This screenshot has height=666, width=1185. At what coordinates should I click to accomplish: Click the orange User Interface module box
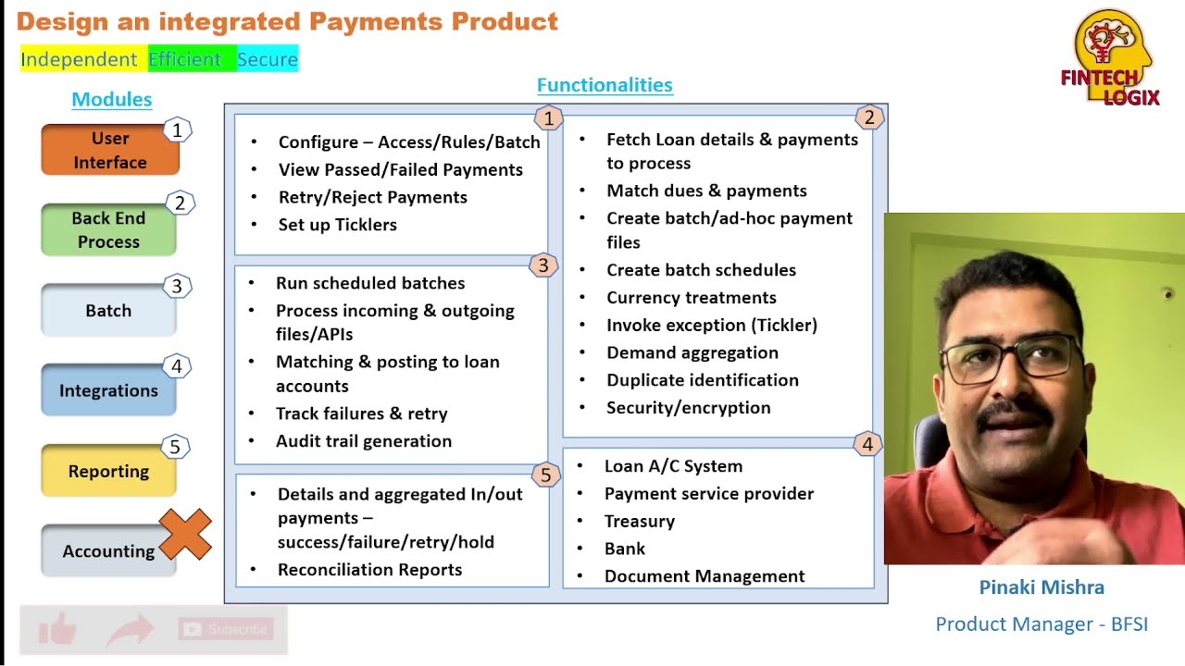(x=109, y=150)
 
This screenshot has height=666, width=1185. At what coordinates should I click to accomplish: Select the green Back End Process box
(x=108, y=229)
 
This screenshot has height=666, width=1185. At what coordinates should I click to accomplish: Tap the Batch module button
(x=108, y=311)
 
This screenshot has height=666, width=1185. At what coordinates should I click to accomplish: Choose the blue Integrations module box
(x=108, y=390)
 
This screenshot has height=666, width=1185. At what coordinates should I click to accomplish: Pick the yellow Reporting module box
(x=108, y=471)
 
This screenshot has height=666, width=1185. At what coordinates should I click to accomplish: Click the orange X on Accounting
(x=185, y=535)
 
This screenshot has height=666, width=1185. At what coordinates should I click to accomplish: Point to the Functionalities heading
(x=605, y=85)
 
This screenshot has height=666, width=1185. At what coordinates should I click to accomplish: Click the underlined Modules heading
(x=111, y=100)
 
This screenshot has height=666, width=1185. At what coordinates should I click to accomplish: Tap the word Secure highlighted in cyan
(x=268, y=59)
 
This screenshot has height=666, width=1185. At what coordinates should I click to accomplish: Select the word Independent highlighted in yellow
(x=79, y=59)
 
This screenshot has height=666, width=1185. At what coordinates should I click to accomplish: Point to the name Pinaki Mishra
(x=1042, y=587)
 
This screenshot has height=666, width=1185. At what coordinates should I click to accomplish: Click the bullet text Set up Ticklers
(x=337, y=225)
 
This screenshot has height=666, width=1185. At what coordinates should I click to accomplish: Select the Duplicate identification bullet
(x=702, y=380)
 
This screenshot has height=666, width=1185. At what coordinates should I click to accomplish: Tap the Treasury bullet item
(x=639, y=521)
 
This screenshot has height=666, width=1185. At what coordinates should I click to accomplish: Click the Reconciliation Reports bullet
(x=369, y=570)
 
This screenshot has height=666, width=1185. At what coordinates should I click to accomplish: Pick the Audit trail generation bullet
(x=363, y=441)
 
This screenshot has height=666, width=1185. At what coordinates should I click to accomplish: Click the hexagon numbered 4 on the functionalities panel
(x=867, y=445)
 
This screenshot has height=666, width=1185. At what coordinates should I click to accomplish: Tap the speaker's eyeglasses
(x=1009, y=359)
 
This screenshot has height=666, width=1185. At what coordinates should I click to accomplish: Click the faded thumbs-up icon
(x=57, y=631)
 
